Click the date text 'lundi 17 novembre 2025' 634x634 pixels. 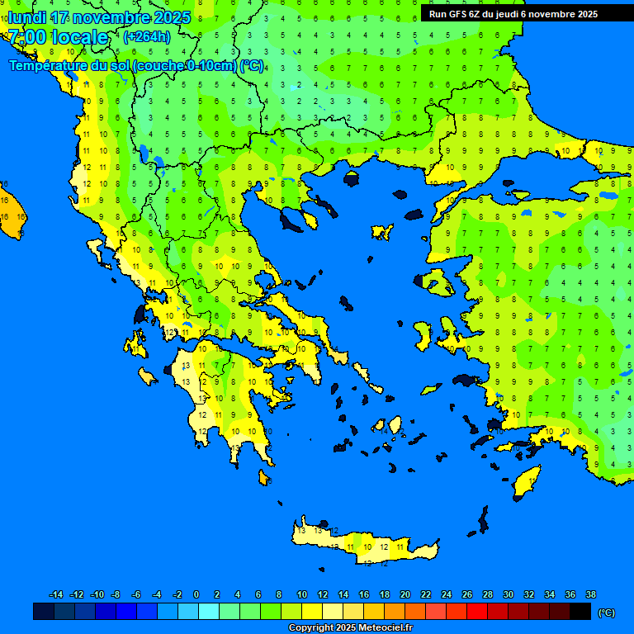click(99, 17)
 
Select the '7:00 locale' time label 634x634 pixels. click(58, 37)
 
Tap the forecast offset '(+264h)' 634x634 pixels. click(147, 36)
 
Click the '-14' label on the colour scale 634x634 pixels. click(56, 594)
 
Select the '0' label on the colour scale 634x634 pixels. click(196, 594)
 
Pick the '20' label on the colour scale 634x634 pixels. click(405, 594)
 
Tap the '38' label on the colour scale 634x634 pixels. click(590, 594)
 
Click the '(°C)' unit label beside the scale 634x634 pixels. click(606, 612)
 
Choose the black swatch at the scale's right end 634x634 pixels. click(580, 611)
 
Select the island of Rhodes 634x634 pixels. click(526, 481)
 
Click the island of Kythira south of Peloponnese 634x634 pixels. click(263, 477)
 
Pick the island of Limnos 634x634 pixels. click(381, 232)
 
